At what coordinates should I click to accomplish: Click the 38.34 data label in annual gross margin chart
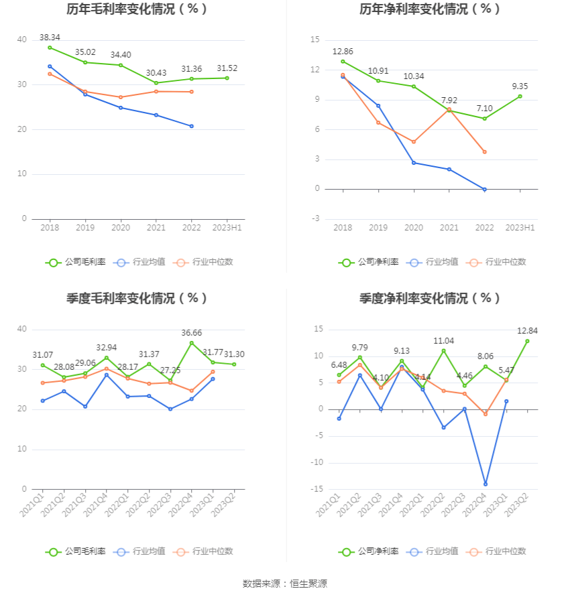click(50, 37)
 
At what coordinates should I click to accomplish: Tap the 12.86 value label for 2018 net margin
click(343, 51)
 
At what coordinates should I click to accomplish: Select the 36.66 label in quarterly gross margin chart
click(192, 333)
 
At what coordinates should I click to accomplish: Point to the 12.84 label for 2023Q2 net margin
click(527, 331)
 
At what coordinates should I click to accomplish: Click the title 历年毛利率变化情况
click(137, 9)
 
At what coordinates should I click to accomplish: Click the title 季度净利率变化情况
click(430, 298)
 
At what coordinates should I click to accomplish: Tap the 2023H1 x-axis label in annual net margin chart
click(520, 228)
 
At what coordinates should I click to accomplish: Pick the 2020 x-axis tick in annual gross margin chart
click(121, 228)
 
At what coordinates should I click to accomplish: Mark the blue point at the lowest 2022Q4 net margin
click(485, 484)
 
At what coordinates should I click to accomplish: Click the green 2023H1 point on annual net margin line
click(520, 96)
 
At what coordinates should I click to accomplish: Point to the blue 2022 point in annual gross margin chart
click(192, 126)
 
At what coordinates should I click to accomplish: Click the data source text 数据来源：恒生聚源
click(285, 584)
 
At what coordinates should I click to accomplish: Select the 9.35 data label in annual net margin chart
click(520, 86)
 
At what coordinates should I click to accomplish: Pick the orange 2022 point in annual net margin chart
click(484, 152)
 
